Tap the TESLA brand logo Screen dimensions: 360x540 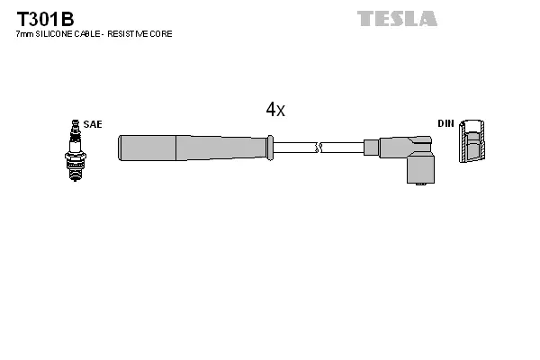(x=397, y=18)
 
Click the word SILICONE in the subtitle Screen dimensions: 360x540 (x=56, y=34)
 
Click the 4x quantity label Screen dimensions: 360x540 (x=275, y=110)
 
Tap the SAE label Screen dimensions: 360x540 (x=92, y=123)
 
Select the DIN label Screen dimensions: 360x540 (x=445, y=123)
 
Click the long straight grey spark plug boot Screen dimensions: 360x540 (x=193, y=147)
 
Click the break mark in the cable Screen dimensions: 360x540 (x=319, y=147)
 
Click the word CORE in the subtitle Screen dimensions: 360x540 (x=161, y=34)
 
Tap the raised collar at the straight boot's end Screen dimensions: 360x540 (x=269, y=147)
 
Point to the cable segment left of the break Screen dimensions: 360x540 (x=293, y=147)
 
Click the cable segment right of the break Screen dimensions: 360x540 (x=343, y=147)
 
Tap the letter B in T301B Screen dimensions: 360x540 (x=67, y=18)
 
